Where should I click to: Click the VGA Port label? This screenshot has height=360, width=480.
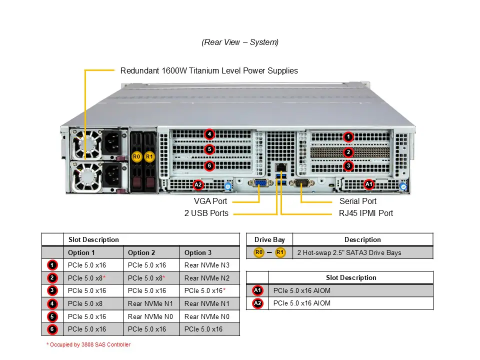click(x=210, y=201)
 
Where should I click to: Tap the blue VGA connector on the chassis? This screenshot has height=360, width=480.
click(x=260, y=184)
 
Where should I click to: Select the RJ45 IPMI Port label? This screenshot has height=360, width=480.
click(x=365, y=213)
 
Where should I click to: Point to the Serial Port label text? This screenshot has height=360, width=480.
click(x=357, y=201)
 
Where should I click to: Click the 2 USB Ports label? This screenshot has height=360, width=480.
click(x=206, y=213)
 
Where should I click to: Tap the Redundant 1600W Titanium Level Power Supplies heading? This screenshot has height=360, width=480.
click(x=209, y=70)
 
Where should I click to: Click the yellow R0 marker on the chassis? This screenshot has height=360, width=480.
click(x=136, y=156)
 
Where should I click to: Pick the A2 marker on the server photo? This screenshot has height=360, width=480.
click(x=198, y=184)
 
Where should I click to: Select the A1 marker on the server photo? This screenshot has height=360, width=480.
click(x=369, y=184)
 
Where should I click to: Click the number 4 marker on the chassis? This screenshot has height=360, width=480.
click(x=209, y=134)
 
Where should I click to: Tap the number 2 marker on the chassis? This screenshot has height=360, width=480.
click(x=348, y=152)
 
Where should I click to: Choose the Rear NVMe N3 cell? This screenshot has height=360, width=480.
click(x=207, y=265)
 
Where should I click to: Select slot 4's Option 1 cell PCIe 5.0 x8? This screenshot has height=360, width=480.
click(x=85, y=303)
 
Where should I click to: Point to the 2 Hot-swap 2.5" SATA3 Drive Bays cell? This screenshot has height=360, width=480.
click(x=349, y=252)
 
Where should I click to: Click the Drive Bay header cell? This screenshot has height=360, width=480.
click(x=269, y=239)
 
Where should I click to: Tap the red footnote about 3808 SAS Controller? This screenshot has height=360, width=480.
click(x=88, y=344)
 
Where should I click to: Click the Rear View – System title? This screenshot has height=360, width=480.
click(x=240, y=42)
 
